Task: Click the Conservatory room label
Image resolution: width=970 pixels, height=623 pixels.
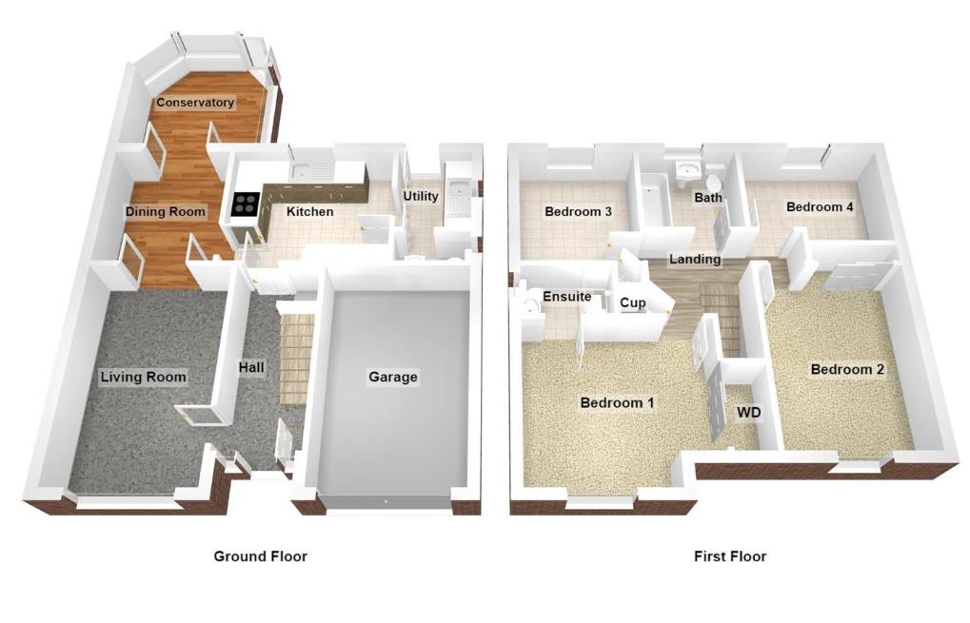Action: (x=195, y=103)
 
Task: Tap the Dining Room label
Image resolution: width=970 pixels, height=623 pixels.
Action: (x=166, y=212)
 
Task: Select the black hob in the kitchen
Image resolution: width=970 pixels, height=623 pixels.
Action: (x=246, y=204)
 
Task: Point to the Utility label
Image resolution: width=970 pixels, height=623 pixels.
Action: (x=421, y=197)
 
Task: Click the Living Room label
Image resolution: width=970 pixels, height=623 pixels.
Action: (x=144, y=378)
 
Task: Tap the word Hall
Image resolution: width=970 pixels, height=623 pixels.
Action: (x=251, y=367)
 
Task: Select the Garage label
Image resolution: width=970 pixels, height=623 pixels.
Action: (x=393, y=378)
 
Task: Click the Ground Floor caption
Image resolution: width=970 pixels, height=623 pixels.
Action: (x=260, y=556)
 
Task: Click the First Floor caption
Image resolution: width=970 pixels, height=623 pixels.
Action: (x=730, y=556)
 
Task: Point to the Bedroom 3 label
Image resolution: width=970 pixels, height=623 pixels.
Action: (x=578, y=211)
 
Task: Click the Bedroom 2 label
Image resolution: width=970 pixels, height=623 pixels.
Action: (x=847, y=369)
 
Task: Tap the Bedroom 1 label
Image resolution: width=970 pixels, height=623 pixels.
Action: (x=617, y=403)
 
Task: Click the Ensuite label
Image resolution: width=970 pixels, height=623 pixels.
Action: (x=567, y=297)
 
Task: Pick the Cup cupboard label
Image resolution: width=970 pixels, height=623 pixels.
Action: (x=633, y=303)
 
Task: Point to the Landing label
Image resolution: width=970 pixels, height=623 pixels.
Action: (x=695, y=259)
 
